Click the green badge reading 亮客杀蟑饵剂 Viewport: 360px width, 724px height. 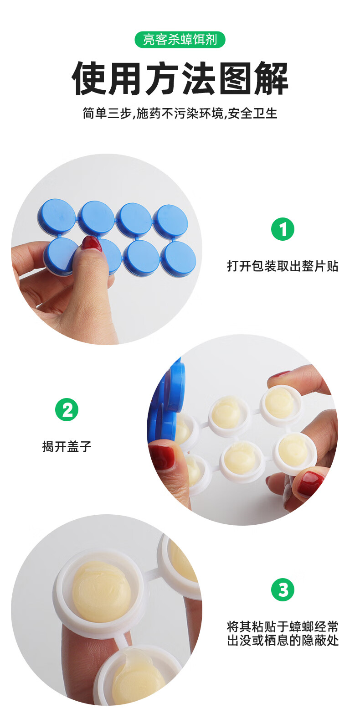[x=180, y=40]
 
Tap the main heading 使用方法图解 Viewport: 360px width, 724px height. [x=180, y=78]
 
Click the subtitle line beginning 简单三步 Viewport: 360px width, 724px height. [x=180, y=114]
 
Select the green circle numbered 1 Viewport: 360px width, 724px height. [x=283, y=229]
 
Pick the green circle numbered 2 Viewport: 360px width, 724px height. [x=67, y=409]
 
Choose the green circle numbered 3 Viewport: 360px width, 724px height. [x=283, y=590]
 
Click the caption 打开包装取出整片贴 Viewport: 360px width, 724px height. [x=283, y=266]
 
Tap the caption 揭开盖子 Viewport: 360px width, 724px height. [x=67, y=447]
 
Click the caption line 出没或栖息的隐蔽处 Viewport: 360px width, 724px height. [x=283, y=640]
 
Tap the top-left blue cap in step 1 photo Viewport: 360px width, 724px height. [x=57, y=216]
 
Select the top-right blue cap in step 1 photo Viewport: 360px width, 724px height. [x=170, y=221]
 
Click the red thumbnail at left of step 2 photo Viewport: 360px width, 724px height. [x=162, y=456]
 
